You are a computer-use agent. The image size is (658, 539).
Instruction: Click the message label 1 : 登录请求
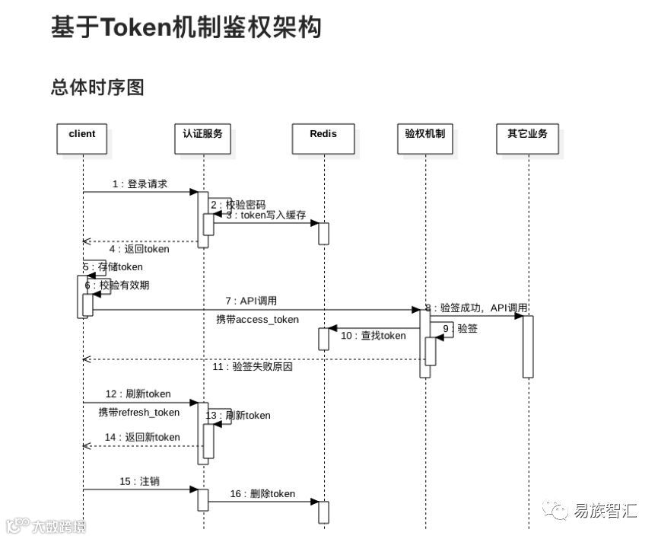(139, 184)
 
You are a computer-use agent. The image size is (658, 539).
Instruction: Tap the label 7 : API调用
(250, 301)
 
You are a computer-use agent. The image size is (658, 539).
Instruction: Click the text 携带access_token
(257, 320)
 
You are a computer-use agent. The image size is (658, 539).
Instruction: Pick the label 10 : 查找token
(374, 336)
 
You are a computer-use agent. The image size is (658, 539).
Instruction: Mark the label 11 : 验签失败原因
(253, 367)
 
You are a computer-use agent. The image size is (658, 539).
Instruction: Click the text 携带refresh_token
(139, 413)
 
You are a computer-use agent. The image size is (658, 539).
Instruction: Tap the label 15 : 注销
(139, 482)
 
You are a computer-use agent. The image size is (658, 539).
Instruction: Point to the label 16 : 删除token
(262, 494)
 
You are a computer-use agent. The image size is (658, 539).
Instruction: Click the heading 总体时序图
(97, 88)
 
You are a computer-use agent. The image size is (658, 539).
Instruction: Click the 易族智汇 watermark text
(606, 511)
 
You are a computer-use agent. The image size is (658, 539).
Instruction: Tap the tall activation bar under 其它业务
(528, 346)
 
